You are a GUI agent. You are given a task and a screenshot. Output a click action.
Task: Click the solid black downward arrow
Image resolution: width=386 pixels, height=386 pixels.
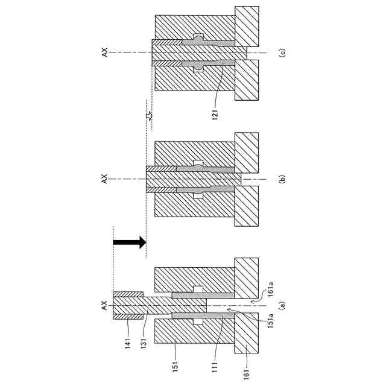pyautogui.click(x=130, y=242)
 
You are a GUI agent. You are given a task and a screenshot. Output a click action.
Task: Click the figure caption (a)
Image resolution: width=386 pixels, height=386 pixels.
pyautogui.click(x=282, y=306)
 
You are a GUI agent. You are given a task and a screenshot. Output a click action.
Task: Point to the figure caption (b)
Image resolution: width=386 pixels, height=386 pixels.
pyautogui.click(x=282, y=179)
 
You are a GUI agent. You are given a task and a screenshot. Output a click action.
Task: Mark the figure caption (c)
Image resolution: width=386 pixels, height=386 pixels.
pyautogui.click(x=282, y=52)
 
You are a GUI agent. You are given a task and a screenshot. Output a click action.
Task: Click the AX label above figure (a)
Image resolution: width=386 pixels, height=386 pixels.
pyautogui.click(x=104, y=305)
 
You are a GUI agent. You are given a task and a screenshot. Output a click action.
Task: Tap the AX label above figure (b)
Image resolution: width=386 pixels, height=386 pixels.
pyautogui.click(x=104, y=179)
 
